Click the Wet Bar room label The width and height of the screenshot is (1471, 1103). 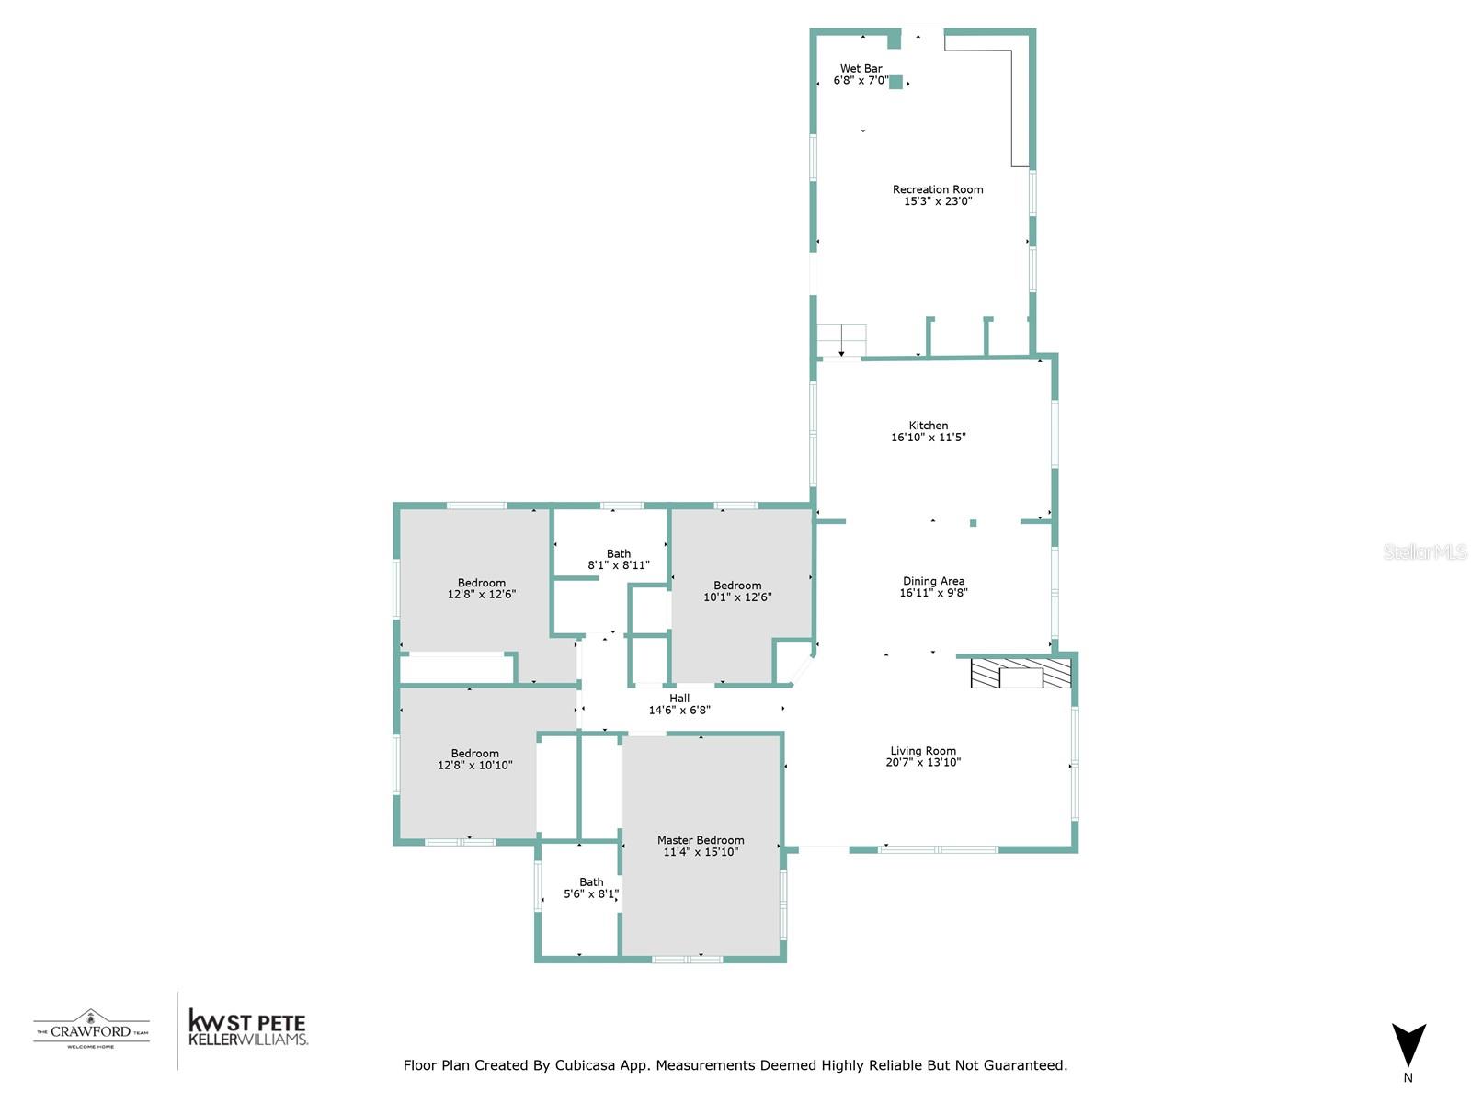(861, 69)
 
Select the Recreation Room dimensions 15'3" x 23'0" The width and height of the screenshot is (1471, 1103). (938, 201)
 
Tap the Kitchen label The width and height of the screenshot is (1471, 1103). (928, 426)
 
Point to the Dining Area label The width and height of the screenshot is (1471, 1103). (933, 581)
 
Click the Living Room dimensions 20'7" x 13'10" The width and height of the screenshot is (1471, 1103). (923, 763)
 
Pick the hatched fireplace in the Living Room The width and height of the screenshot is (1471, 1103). (1021, 674)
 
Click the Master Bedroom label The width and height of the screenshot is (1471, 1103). (701, 840)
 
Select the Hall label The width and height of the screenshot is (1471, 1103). (679, 699)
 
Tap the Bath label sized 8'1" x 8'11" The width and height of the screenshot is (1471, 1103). (619, 554)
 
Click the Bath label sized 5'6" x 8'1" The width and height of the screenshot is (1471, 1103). (591, 882)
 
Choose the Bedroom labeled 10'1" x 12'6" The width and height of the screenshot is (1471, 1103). (737, 591)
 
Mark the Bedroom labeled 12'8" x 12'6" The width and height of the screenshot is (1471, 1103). (482, 588)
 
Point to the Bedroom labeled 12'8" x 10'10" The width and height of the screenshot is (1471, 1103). (475, 759)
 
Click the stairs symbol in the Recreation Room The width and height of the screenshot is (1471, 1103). (841, 340)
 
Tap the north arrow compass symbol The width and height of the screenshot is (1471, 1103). (1408, 1047)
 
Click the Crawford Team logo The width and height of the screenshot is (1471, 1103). (91, 1029)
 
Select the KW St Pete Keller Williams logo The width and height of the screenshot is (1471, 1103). (246, 1029)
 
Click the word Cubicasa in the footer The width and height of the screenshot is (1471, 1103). (586, 1065)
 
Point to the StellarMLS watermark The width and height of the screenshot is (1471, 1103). (1425, 551)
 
